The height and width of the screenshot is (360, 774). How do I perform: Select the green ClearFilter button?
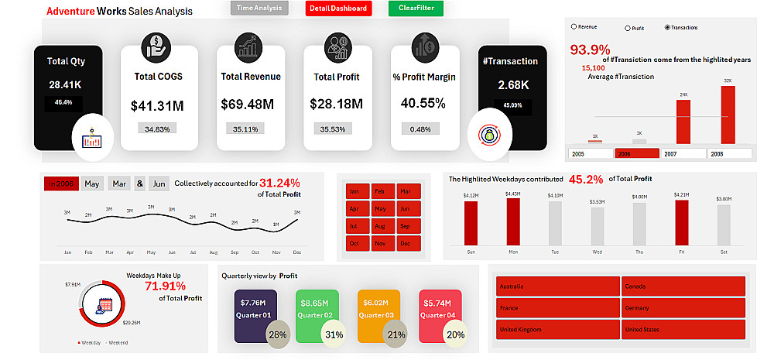pyautogui.click(x=416, y=9)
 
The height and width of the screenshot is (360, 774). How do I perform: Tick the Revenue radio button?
pyautogui.click(x=574, y=27)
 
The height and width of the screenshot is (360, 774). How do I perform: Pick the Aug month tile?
pyautogui.click(x=379, y=226)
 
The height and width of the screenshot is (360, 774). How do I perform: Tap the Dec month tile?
pyautogui.click(x=406, y=244)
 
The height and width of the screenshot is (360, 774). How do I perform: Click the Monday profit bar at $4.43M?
pyautogui.click(x=513, y=222)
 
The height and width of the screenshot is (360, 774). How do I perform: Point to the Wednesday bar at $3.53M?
pyautogui.click(x=597, y=226)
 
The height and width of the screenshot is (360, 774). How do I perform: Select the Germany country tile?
pyautogui.click(x=683, y=307)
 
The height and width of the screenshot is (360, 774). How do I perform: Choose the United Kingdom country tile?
pyautogui.click(x=557, y=329)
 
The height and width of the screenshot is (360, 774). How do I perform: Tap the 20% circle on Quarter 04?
pyautogui.click(x=456, y=334)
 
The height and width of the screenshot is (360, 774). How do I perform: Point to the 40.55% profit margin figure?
pyautogui.click(x=423, y=103)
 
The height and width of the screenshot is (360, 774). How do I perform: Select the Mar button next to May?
pyautogui.click(x=118, y=183)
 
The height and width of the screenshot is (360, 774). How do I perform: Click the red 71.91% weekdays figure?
pyautogui.click(x=165, y=286)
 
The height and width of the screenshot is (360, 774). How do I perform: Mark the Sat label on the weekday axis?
pyautogui.click(x=723, y=252)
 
